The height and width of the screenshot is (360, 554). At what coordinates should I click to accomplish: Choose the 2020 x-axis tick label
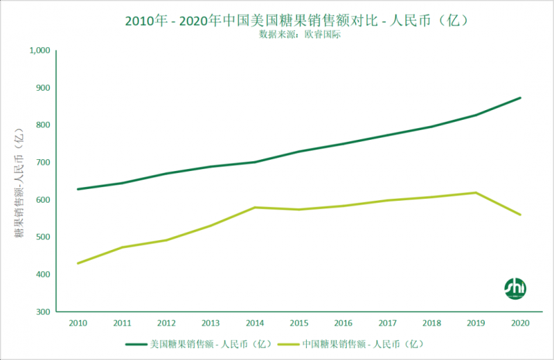[x=520, y=323]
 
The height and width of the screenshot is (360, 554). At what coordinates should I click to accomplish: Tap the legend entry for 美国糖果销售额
[x=194, y=343]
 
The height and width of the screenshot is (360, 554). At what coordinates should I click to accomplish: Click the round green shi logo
[x=515, y=287]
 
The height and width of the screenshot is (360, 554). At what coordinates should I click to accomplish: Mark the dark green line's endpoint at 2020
[x=520, y=98]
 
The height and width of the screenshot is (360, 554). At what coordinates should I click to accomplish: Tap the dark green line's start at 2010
[x=78, y=189]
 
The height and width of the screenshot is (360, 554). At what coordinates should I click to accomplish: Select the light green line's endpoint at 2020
[x=520, y=215]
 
